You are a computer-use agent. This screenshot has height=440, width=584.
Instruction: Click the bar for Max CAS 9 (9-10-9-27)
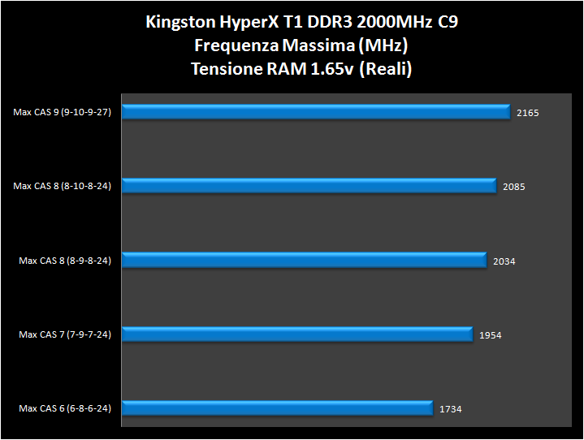point(317,112)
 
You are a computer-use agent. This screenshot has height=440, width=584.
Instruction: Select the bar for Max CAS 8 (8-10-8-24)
point(309,186)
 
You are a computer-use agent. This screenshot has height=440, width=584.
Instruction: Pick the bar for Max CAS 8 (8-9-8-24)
point(305,261)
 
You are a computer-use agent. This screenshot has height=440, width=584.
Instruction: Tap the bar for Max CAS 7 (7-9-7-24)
point(297,334)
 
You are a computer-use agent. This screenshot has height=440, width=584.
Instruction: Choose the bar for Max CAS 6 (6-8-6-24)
point(278,408)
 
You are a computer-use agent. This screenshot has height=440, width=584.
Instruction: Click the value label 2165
point(527,113)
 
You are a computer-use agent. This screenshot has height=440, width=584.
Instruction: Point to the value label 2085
point(513,187)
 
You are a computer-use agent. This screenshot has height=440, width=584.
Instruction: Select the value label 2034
point(504,261)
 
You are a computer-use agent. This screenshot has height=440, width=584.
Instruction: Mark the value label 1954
point(490,335)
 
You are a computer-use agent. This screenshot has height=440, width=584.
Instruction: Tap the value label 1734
point(450,409)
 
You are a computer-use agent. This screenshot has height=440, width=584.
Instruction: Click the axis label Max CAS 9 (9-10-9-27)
point(62,113)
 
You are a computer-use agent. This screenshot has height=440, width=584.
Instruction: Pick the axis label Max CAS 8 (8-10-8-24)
point(62,187)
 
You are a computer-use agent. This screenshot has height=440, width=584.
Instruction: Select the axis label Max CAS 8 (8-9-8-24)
point(65,261)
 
